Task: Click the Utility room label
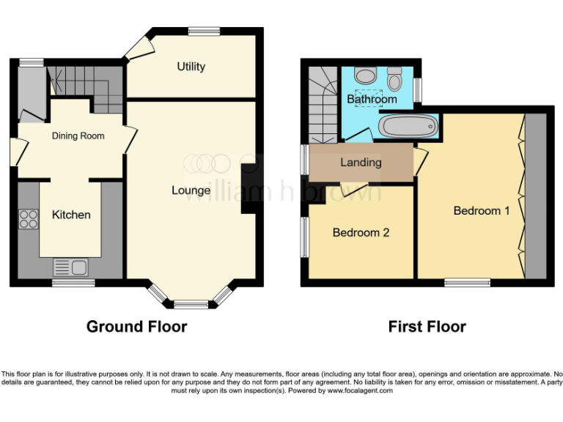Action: point(191,67)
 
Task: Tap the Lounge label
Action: point(191,190)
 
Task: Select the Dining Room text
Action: point(78,136)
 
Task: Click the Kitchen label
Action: point(71,215)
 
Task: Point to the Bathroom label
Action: point(372,99)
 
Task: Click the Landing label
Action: point(361,162)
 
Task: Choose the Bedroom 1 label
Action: point(482,210)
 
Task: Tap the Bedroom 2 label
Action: point(361,233)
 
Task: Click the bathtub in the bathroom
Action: point(408,127)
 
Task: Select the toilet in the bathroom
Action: point(395,78)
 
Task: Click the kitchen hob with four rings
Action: point(29,218)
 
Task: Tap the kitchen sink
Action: point(70,267)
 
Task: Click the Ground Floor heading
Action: point(136,327)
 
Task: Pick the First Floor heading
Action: point(427,327)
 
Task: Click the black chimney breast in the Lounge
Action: point(249,187)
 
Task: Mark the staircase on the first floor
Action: point(322,105)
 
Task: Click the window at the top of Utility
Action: point(203,31)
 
